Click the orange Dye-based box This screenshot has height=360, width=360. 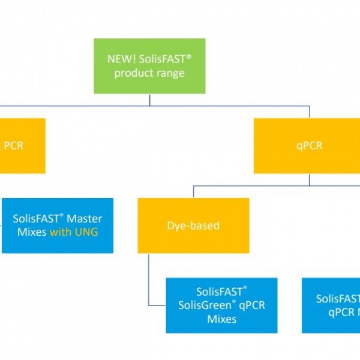point(193,225)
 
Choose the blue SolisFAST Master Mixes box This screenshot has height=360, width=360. point(58,225)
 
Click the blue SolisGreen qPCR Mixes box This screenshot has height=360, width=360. point(221,305)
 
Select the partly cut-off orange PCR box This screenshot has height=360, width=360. point(22,145)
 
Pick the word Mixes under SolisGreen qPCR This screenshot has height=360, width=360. point(222,319)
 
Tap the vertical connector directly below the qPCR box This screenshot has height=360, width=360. point(309,179)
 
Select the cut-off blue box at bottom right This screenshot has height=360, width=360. point(331,305)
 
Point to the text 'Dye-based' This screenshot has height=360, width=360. point(193,226)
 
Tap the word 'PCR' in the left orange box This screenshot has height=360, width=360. point(14,146)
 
